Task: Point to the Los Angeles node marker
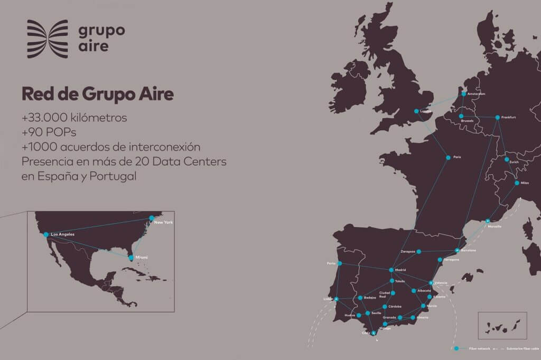[x=46, y=234]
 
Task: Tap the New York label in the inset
[x=163, y=222]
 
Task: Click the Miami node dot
[x=131, y=258]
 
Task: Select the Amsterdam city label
[x=477, y=94]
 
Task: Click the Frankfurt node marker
[x=497, y=117]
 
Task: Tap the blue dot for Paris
[x=448, y=157]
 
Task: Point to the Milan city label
[x=525, y=183]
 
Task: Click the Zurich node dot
[x=507, y=159]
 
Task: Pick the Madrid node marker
[x=391, y=270]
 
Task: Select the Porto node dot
[x=340, y=263]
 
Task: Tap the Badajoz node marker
[x=360, y=298]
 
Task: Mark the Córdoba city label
[x=395, y=307]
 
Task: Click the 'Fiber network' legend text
[x=480, y=348]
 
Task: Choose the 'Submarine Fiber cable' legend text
[x=523, y=348]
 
